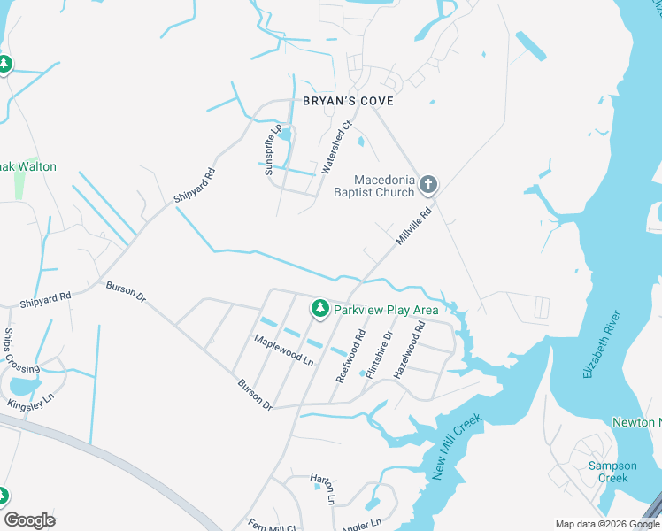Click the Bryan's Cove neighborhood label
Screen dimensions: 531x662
tap(348, 102)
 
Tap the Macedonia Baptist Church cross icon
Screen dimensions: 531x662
tap(428, 184)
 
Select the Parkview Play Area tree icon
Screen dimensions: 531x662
tap(319, 309)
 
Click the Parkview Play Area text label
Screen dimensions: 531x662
tap(386, 310)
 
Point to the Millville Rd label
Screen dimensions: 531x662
tap(413, 227)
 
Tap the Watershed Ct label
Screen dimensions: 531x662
tap(337, 146)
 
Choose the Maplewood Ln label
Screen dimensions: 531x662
tap(284, 350)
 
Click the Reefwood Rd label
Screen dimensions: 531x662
tap(350, 356)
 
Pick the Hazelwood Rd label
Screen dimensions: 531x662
tap(409, 350)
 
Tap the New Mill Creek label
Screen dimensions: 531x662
tap(457, 447)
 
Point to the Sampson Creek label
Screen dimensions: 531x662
tap(612, 472)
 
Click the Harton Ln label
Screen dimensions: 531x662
tap(322, 489)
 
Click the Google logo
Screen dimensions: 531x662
tap(29, 520)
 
